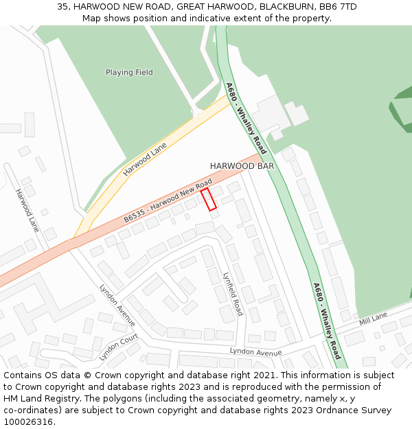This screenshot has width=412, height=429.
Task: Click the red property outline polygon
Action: click(208, 199)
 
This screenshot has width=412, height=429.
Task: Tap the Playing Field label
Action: click(129, 72)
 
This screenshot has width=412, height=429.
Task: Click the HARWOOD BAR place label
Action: click(242, 166)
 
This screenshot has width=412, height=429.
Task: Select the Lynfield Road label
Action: click(233, 293)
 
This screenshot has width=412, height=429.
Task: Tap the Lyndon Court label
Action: click(119, 347)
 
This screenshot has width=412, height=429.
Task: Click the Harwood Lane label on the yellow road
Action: click(145, 159)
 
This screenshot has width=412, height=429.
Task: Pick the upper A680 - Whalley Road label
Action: click(246, 118)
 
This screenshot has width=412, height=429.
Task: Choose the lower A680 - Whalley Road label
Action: click(327, 321)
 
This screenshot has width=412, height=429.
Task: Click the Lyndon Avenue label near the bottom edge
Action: click(255, 352)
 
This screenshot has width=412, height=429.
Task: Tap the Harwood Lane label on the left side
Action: click(28, 210)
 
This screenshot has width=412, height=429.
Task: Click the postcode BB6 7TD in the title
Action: click(338, 7)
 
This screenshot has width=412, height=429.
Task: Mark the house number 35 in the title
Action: click(62, 7)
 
